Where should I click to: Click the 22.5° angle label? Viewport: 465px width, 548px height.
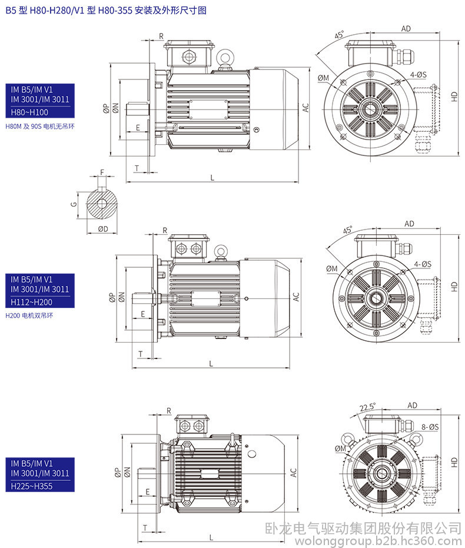pos(367,407)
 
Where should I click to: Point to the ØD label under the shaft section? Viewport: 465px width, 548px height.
pos(102,228)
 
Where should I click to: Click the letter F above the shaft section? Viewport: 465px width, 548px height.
pos(102,172)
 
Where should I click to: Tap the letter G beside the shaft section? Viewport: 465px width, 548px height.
pos(74,204)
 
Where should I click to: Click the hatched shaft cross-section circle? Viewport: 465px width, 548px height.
pos(102,204)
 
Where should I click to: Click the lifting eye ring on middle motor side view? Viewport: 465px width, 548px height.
pos(221,251)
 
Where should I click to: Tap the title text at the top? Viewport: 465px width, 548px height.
pos(106,10)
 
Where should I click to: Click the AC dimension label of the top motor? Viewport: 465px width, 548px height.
pos(305,108)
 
